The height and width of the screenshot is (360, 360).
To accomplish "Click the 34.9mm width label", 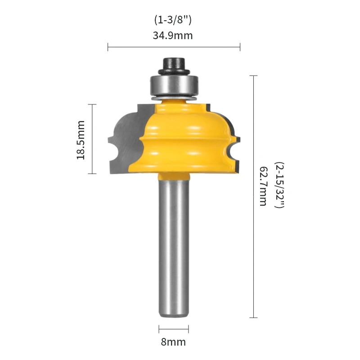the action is coord(173,36).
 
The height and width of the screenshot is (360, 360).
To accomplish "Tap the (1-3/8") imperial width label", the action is coord(173,20).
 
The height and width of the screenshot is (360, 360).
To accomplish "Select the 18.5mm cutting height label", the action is coord(81,140).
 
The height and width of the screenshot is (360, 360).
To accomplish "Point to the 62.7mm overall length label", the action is coord(263,186).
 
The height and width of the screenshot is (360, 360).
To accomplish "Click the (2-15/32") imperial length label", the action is coord(279,185).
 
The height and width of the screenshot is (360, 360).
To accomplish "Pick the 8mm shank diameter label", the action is coord(173,342).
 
